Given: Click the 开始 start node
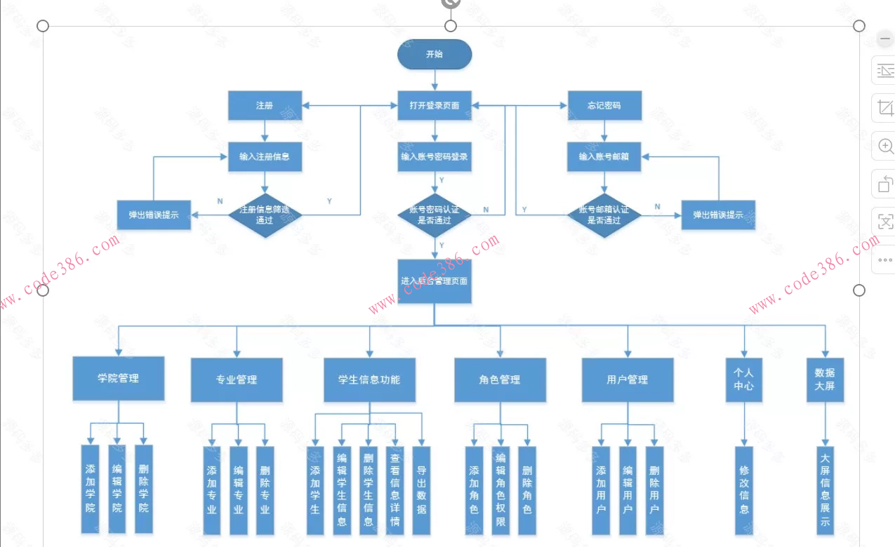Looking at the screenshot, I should (x=435, y=55).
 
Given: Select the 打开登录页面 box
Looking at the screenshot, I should (x=435, y=106).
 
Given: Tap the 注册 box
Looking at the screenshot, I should (x=265, y=106).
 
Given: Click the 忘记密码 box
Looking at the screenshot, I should (x=604, y=106).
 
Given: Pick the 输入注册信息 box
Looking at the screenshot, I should (x=265, y=157).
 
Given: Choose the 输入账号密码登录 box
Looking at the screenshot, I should (x=435, y=157).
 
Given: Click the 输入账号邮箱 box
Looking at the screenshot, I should (x=604, y=157).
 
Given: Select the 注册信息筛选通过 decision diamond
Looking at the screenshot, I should (x=265, y=215).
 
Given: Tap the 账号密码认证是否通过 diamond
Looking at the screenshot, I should (x=435, y=215).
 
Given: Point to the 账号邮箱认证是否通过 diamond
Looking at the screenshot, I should (x=604, y=215).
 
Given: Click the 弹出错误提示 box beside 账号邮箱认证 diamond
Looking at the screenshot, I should (x=718, y=215).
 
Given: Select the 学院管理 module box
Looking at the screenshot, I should (x=119, y=379).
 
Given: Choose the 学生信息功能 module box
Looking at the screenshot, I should (x=369, y=380).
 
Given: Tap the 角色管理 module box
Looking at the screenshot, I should (x=500, y=380).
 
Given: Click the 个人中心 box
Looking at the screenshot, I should (x=743, y=379).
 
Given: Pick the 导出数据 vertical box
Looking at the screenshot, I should (x=421, y=489).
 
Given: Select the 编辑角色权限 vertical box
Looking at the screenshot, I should (x=500, y=489).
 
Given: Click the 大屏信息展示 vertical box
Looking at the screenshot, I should (x=825, y=489).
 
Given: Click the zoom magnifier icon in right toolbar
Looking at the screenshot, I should (x=886, y=147).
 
